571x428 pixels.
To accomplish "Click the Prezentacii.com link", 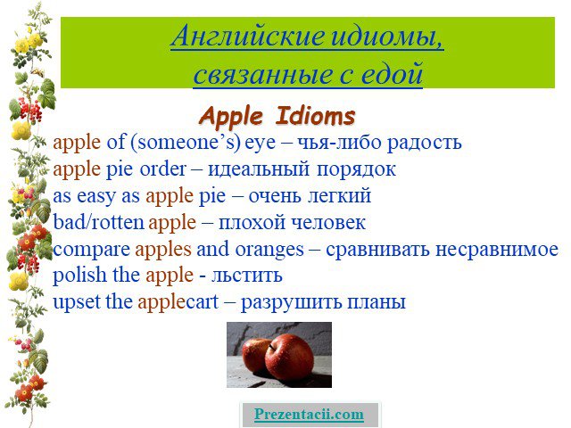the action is pyautogui.click(x=309, y=415).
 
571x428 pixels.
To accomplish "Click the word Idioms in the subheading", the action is pyautogui.click(x=315, y=116).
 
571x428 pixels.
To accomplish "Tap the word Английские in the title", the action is pyautogui.click(x=247, y=36).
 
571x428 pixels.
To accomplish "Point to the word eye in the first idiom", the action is pyautogui.click(x=260, y=144).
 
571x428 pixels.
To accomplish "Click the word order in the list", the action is pyautogui.click(x=162, y=169).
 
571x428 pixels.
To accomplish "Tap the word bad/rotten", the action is pyautogui.click(x=99, y=222).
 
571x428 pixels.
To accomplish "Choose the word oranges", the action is pyautogui.click(x=269, y=251).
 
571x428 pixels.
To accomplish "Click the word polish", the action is pyautogui.click(x=79, y=276).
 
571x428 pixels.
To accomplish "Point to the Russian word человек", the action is pyautogui.click(x=328, y=223).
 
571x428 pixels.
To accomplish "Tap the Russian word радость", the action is pyautogui.click(x=425, y=144).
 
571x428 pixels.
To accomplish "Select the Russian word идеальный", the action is pyautogui.click(x=259, y=170).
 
